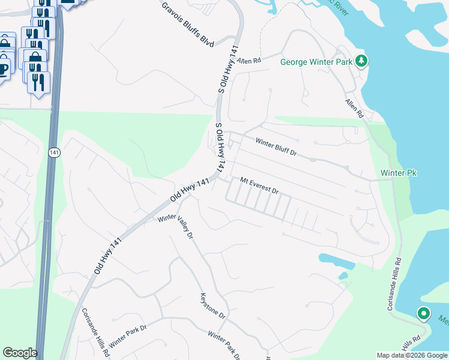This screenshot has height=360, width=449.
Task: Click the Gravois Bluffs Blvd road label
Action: (188, 25)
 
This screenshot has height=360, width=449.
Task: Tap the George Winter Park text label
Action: (316, 61)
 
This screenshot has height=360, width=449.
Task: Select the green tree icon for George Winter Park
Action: (361, 61)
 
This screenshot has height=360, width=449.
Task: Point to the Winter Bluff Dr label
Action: (276, 148)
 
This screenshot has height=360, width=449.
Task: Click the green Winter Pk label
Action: (399, 173)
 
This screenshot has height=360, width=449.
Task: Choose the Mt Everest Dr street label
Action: (259, 185)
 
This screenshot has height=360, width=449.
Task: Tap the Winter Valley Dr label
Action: (175, 227)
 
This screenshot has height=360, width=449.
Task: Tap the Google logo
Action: (20, 353)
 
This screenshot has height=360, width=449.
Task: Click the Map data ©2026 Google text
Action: (411, 355)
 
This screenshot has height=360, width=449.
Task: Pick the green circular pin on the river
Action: (423, 313)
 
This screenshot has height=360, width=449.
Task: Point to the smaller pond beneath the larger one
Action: (343, 276)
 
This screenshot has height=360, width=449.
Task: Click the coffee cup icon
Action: (4, 68)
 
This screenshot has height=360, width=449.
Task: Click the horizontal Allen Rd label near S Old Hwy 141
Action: (249, 61)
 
